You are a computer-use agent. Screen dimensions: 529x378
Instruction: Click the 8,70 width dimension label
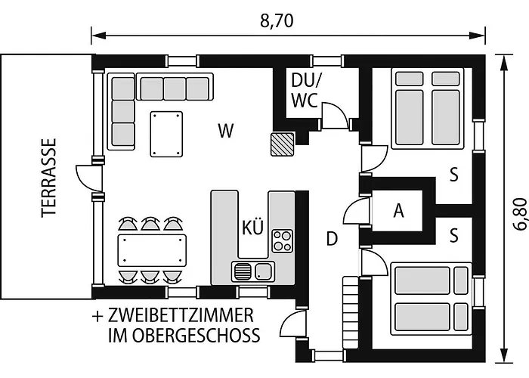click(x=277, y=21)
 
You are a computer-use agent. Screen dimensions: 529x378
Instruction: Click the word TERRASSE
click(x=48, y=178)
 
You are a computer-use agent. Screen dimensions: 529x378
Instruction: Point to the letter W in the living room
click(x=226, y=131)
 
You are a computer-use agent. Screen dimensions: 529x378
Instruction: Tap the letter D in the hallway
click(x=332, y=239)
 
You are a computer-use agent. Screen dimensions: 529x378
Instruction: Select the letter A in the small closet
click(x=399, y=211)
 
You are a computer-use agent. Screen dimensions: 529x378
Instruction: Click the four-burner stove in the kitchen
click(x=283, y=240)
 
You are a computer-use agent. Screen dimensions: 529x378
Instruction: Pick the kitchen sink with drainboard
click(x=253, y=271)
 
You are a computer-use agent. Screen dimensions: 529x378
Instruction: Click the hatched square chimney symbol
click(x=283, y=144)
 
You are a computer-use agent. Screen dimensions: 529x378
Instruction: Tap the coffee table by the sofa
click(x=166, y=134)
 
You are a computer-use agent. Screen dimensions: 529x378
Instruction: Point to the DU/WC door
click(x=336, y=115)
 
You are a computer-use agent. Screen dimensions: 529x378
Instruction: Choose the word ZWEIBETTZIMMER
click(x=181, y=315)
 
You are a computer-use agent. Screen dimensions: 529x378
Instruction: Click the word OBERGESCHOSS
click(x=196, y=335)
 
